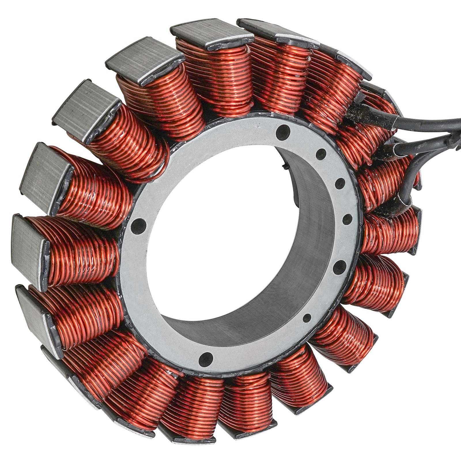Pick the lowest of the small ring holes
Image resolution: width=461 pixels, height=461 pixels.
click(x=308, y=318)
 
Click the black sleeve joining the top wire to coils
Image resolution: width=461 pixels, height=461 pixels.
click(x=357, y=115)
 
